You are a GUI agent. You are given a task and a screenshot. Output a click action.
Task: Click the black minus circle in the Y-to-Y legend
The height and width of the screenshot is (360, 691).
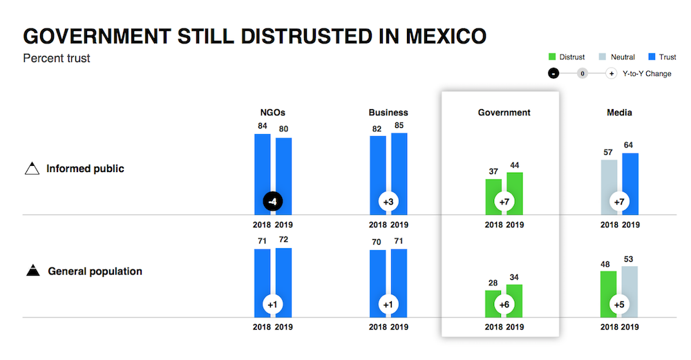[x=553, y=74]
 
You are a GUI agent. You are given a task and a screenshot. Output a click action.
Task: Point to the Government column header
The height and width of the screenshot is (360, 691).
[x=504, y=112]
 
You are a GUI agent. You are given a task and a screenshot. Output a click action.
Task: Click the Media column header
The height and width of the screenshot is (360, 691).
[x=619, y=112]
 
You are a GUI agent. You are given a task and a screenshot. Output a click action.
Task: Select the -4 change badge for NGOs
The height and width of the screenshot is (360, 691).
[x=274, y=202]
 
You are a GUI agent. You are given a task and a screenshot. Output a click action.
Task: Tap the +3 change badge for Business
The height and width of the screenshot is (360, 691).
[x=388, y=202]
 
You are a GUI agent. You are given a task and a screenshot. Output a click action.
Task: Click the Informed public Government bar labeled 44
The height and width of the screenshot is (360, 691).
[x=514, y=187]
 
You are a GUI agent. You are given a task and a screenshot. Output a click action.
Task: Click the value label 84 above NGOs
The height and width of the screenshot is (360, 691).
[x=263, y=126]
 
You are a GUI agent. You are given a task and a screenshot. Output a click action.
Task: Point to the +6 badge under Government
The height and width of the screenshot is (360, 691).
[x=504, y=304]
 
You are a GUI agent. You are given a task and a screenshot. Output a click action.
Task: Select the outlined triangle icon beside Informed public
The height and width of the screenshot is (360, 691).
[x=32, y=169]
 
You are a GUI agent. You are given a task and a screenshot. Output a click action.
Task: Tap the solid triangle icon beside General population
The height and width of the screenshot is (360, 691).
[x=32, y=272]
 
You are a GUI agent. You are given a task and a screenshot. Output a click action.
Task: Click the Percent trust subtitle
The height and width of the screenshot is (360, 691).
[x=57, y=58]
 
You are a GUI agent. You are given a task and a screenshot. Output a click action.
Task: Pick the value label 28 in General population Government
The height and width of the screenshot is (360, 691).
[x=493, y=283]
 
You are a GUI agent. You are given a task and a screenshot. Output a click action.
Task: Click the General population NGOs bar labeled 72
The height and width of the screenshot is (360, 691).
[x=284, y=276]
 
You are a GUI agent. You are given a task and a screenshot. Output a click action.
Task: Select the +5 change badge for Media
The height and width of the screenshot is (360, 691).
[x=619, y=304]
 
